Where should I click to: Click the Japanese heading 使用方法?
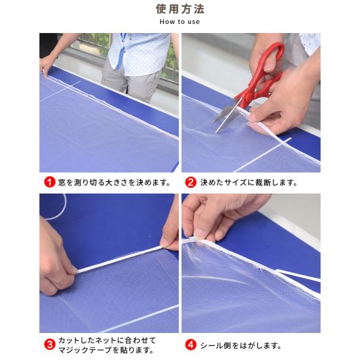[179, 9]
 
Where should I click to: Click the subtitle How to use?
[179, 22]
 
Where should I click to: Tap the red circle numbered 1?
[50, 182]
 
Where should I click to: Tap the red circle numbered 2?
[190, 182]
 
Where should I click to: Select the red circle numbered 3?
[50, 345]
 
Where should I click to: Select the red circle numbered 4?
[190, 345]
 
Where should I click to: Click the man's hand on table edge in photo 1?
[47, 63]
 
